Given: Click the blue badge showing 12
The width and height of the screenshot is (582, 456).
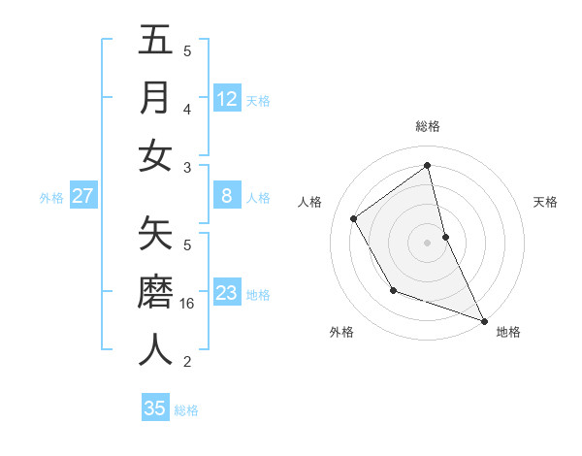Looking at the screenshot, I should tap(227, 99).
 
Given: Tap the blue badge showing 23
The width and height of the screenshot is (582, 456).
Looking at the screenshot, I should tap(227, 294).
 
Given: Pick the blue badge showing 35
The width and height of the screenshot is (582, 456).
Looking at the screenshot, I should tap(155, 408).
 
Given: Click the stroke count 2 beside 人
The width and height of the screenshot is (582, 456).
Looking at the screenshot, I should tap(188, 362).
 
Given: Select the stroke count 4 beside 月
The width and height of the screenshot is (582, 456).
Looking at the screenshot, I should tap(188, 110).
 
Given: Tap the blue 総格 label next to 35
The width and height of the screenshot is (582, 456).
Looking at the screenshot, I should tap(186, 410).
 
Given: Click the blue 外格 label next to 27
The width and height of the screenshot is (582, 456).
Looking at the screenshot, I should tap(51, 198).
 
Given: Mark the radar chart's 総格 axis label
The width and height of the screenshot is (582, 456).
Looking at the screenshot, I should tap(428, 126).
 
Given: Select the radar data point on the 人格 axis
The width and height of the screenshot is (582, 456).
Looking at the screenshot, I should tap(354, 218).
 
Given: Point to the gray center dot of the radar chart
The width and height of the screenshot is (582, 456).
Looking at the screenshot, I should tap(428, 242).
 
